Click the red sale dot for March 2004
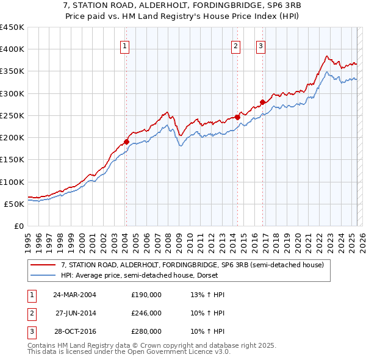127,142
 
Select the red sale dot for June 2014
237,117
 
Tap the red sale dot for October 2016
262,102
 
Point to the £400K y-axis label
12,49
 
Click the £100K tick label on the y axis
12,182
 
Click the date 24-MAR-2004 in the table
74,295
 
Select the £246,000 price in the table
146,313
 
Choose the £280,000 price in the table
146,331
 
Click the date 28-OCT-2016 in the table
74,331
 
